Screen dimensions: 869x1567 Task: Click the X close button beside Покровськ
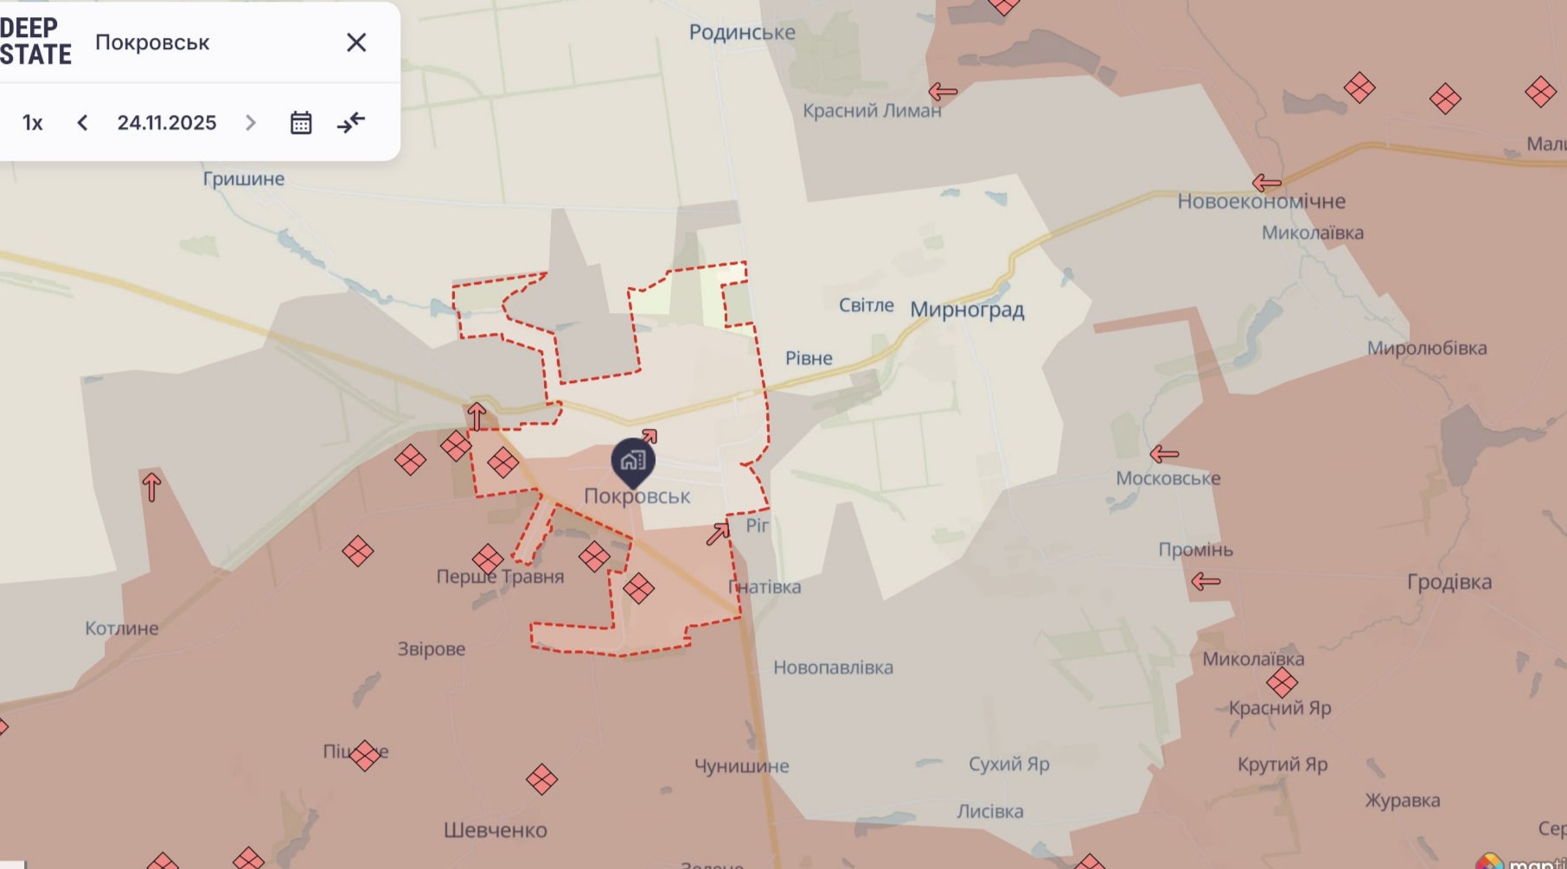[356, 42]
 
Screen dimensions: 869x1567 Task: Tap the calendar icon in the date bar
[301, 123]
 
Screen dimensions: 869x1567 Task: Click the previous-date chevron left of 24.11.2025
[82, 123]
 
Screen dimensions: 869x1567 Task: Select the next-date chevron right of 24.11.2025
[251, 123]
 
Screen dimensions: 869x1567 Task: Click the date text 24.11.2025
[167, 123]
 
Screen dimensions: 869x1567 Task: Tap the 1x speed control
[33, 123]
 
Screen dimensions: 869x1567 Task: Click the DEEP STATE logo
[35, 42]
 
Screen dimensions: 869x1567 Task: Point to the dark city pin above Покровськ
[633, 461]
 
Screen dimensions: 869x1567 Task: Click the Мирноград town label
[967, 310]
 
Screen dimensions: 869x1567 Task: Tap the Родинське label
[742, 33]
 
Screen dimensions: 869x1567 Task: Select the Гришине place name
[244, 179]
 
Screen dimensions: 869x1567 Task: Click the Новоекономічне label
[1261, 201]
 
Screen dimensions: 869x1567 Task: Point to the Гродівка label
[1449, 582]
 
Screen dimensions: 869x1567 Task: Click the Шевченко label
[496, 830]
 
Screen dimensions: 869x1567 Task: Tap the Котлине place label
[122, 629]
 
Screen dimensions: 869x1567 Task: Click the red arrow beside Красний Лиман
[943, 91]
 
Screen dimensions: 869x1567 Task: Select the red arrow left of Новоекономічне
[1266, 182]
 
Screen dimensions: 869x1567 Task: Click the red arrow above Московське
[1164, 453]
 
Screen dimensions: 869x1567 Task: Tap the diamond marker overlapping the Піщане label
[365, 755]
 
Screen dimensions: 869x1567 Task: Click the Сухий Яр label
[1008, 764]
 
